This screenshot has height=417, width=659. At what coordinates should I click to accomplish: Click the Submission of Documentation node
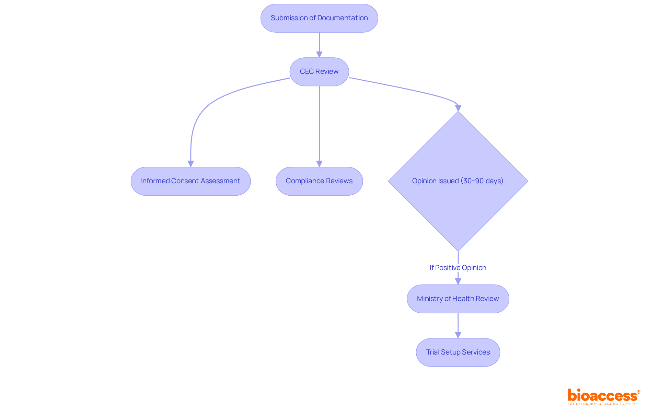click(319, 18)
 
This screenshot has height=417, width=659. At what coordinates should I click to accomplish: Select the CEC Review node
click(319, 72)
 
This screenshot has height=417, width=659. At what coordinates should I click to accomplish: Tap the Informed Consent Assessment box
click(190, 181)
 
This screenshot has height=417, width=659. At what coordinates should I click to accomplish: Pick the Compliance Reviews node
click(319, 181)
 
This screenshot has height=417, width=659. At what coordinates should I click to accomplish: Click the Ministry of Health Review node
click(458, 299)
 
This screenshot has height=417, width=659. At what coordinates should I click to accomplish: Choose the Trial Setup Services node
click(458, 352)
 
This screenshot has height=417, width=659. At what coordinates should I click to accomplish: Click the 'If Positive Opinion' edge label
click(458, 268)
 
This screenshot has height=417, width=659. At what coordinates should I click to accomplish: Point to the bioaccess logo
click(603, 396)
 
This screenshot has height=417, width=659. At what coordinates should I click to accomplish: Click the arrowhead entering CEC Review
click(319, 55)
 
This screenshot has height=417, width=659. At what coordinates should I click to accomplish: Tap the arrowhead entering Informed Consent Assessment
click(191, 164)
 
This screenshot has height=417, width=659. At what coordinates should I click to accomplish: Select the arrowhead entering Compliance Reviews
click(319, 164)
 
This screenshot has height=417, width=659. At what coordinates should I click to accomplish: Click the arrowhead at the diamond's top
click(458, 108)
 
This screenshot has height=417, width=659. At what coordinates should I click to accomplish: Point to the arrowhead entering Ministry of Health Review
click(458, 281)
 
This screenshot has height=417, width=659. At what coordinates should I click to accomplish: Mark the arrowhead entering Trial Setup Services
click(458, 335)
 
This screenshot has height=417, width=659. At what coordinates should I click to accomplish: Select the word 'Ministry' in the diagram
click(430, 299)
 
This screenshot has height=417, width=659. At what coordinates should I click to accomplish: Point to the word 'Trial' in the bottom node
click(432, 352)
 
